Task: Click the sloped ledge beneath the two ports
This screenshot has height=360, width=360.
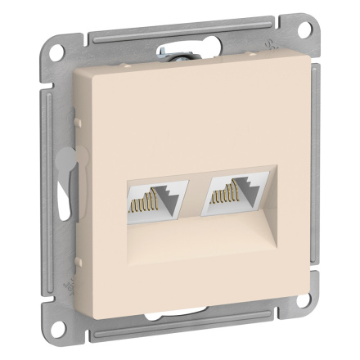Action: coord(192,237)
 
